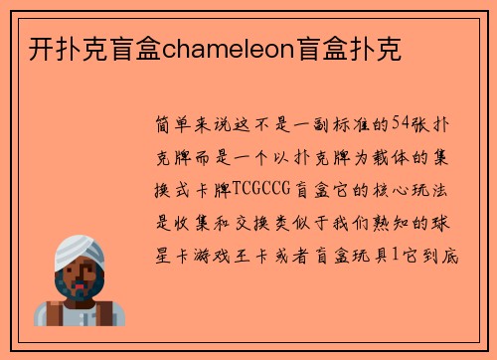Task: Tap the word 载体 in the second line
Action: (374, 155)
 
